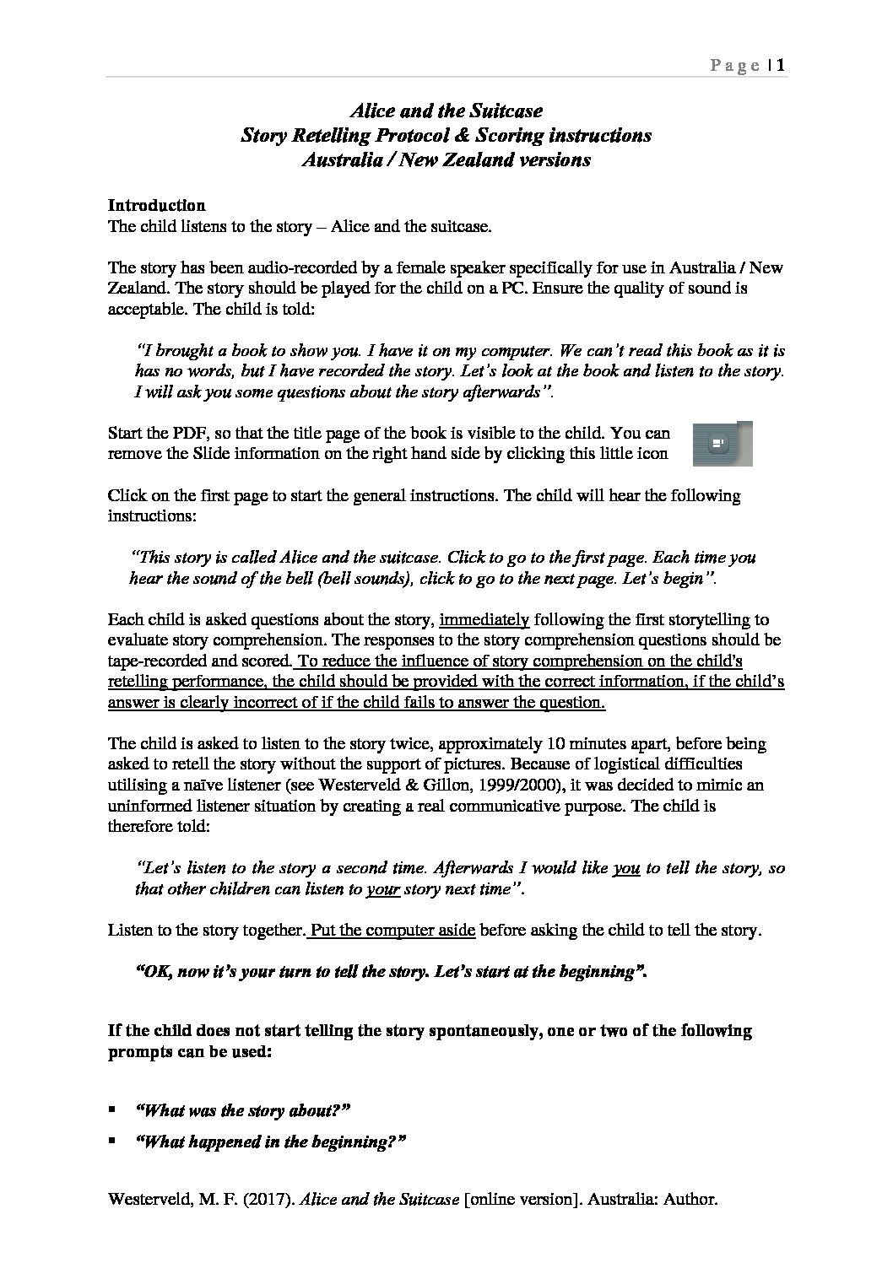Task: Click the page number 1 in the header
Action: pos(782,65)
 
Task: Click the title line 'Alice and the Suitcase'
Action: pos(446,111)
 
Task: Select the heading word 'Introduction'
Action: pos(156,205)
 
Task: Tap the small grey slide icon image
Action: pos(722,443)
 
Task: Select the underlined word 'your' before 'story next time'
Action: pos(383,888)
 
